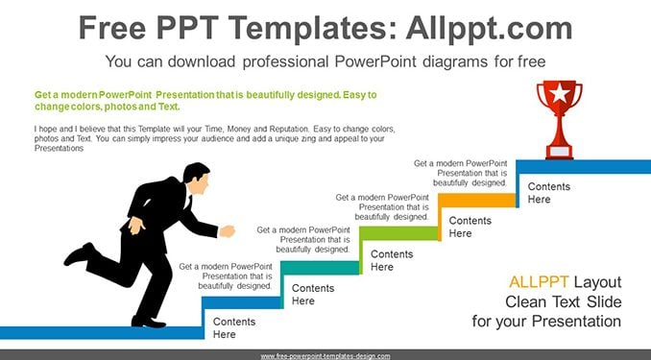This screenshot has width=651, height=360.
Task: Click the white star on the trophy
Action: point(559,93)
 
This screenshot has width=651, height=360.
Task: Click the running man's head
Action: point(197,178)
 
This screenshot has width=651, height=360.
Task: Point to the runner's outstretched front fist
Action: point(228,231)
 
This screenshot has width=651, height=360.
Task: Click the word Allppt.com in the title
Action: point(489,28)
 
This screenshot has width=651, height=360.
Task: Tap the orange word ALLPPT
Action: point(539,282)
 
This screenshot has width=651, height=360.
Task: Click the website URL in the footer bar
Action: point(325,356)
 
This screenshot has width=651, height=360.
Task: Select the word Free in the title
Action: point(112,28)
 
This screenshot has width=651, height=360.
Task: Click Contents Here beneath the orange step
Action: point(470,227)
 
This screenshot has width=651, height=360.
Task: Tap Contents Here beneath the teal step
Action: point(313,295)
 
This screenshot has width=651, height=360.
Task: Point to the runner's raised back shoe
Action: point(80,253)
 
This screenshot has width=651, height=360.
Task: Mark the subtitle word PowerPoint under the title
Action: point(374,61)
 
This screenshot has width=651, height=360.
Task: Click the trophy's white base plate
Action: point(559,152)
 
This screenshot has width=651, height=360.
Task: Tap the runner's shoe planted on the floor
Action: point(148,322)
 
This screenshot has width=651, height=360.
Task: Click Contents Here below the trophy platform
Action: point(549,193)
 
